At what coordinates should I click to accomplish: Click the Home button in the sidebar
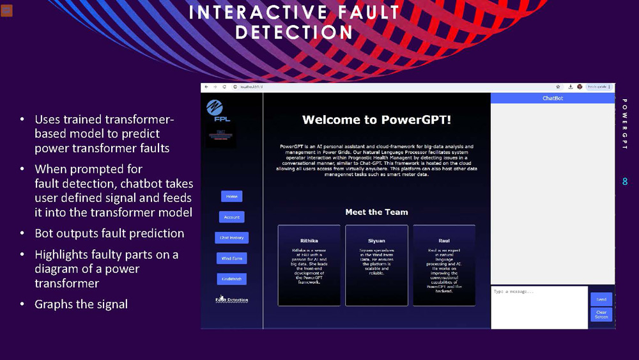pos(231,196)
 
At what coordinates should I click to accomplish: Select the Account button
pos(231,217)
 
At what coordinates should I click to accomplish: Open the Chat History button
pos(231,238)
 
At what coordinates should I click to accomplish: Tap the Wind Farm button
pos(231,258)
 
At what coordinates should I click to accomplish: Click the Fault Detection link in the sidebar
pos(232,299)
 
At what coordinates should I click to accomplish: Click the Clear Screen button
pos(601,315)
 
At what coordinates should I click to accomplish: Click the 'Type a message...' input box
pos(539,307)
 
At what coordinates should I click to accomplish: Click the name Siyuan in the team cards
pos(376,240)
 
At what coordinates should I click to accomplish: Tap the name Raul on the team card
pos(443,240)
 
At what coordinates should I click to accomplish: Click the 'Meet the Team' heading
pos(376,212)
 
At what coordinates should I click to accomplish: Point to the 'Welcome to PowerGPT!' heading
pos(376,120)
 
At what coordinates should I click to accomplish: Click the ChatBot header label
pos(553,98)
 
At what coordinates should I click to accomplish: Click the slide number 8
pos(625,182)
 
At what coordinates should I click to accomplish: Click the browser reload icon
pos(224,87)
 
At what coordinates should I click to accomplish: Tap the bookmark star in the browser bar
pos(558,87)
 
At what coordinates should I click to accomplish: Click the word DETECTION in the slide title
pos(294,31)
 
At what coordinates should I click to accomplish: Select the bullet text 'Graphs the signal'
pos(81,304)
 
